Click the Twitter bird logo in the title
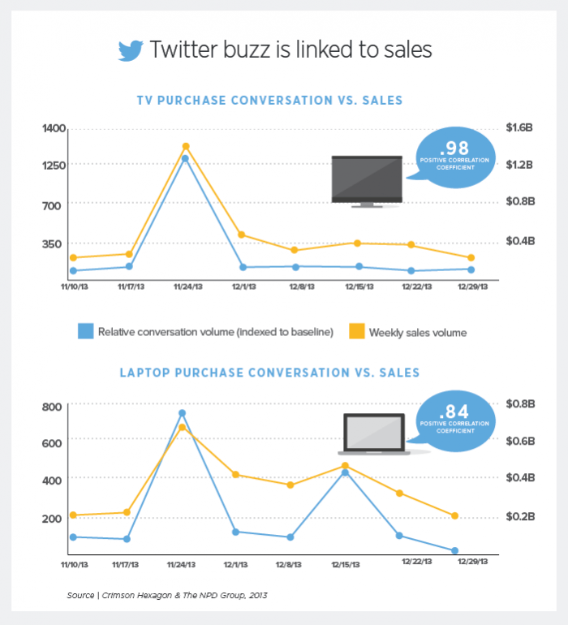[131, 50]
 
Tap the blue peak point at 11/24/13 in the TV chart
[186, 158]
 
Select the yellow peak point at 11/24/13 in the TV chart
[186, 146]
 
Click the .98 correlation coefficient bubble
[454, 156]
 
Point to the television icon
[367, 180]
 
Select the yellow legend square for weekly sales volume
[355, 331]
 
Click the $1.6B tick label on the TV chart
[519, 128]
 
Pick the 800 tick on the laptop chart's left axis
[53, 407]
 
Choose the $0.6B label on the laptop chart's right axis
[519, 441]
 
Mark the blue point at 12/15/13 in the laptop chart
[345, 472]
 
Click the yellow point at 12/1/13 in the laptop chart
[235, 474]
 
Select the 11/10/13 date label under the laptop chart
[75, 563]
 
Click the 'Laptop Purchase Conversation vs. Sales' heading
[269, 373]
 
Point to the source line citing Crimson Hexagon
[167, 595]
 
